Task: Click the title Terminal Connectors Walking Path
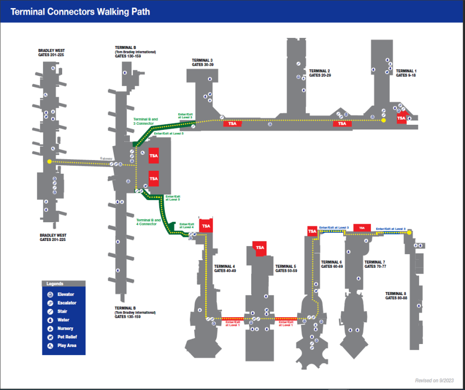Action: (80, 12)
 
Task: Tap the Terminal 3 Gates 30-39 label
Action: (202, 62)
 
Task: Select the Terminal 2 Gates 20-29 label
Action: (319, 73)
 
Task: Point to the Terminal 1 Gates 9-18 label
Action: (405, 73)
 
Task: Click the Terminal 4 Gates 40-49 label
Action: (225, 268)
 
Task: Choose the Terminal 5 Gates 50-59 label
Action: (286, 268)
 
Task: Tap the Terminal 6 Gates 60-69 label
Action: (332, 264)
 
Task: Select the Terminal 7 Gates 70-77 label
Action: (375, 264)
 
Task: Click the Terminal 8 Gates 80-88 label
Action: (396, 296)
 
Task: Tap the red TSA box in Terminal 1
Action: (401, 118)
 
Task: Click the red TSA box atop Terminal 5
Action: (260, 248)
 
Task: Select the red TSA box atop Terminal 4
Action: (206, 226)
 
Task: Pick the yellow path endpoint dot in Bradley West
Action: (49, 162)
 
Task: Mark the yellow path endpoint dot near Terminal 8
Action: (409, 232)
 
